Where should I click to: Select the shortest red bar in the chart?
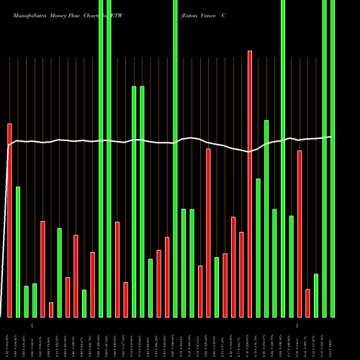[x=51, y=310]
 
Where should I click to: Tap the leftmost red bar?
[x=10, y=220]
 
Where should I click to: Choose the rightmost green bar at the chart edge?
[x=332, y=158]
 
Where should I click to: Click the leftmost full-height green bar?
[x=101, y=158]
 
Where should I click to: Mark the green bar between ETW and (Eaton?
[x=175, y=158]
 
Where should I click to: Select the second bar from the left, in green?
[x=18, y=252]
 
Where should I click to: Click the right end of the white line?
[x=331, y=137]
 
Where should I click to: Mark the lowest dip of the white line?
[x=248, y=152]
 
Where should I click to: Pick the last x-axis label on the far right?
[x=332, y=338]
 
